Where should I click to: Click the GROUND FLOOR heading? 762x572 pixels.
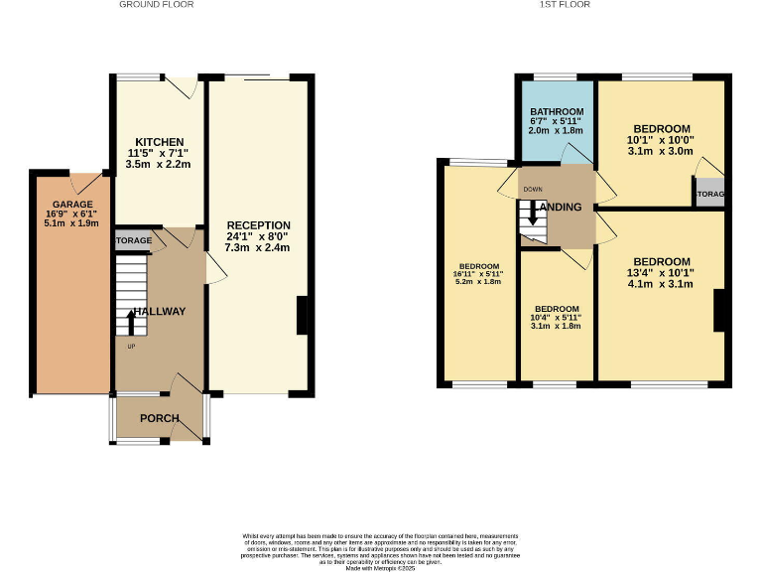coord(156,5)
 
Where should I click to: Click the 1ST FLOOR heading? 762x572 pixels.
coord(566,5)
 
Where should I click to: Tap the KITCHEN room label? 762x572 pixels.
coord(159,142)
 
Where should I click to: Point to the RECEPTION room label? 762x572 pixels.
coord(257,225)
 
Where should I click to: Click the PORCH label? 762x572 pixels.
coord(159,418)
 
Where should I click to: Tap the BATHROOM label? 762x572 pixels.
coord(557,111)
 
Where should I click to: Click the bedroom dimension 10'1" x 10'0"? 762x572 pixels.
coord(662,140)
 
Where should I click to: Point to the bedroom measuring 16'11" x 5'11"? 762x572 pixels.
coord(478,273)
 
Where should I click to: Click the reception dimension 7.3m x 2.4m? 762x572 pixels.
coord(257,247)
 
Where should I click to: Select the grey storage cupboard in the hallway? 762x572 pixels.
coord(133,240)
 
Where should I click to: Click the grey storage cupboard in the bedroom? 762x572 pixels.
coord(708,193)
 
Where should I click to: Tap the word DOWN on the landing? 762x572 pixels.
coord(533,189)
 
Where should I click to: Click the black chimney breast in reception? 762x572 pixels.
coord(302,317)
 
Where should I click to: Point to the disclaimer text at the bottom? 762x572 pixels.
coord(380,551)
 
